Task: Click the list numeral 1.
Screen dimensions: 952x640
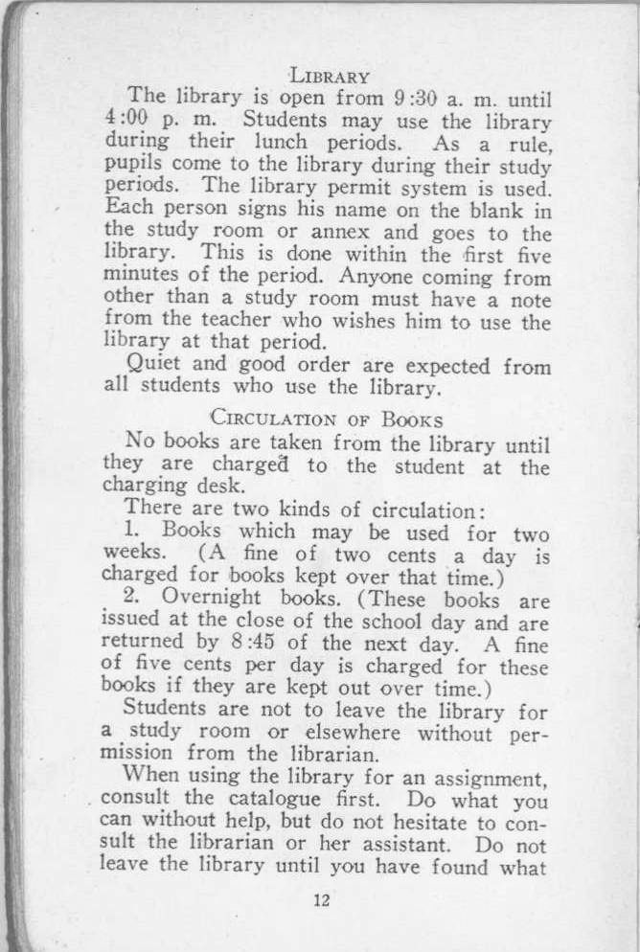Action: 133,530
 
